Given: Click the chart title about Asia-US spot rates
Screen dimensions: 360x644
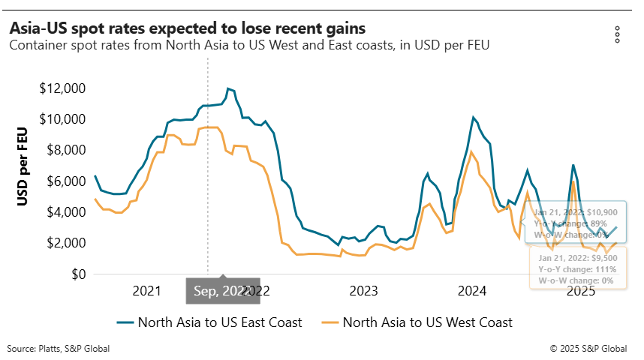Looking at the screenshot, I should coord(188,28).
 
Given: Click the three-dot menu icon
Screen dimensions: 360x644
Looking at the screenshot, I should coord(617,34).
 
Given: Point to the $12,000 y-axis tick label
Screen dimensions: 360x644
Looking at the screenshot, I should coord(63,88).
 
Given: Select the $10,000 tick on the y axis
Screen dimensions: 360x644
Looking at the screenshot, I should coord(63,119).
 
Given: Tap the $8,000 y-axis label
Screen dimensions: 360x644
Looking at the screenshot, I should coord(66,150).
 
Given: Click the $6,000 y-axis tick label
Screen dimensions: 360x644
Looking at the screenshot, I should coord(66,181).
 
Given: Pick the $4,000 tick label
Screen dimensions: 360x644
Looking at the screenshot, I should coord(66,212).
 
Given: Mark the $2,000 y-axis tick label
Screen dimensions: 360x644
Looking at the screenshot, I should coord(66,243).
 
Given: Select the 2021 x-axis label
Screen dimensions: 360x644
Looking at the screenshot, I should coord(147,290).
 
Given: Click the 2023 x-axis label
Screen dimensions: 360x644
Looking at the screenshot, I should coord(364,290).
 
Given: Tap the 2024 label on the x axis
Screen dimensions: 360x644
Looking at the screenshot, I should coord(473,290).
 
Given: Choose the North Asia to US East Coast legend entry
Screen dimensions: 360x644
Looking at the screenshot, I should coord(209,322).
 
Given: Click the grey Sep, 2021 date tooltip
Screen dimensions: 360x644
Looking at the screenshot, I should coord(223,290).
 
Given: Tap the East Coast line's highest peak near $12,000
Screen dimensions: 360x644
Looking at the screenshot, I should coord(227,88).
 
